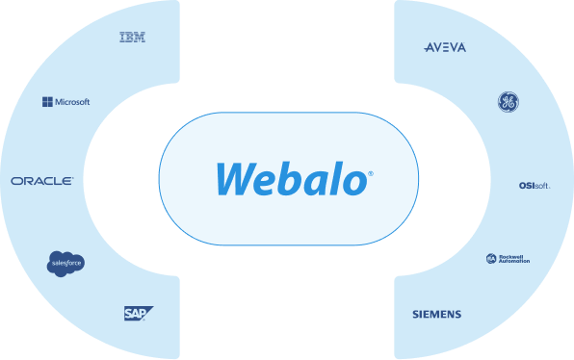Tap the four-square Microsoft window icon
click(x=47, y=101)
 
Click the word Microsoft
click(x=72, y=101)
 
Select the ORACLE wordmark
click(x=41, y=181)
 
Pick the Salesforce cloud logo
click(x=66, y=263)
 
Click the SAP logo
click(x=137, y=313)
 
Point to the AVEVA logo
click(x=445, y=47)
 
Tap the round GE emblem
click(x=508, y=102)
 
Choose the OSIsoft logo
click(x=534, y=186)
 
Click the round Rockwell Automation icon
click(x=491, y=259)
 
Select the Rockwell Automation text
click(x=515, y=259)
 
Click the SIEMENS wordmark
click(x=436, y=315)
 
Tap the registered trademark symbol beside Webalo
click(x=371, y=174)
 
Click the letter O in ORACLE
click(x=15, y=181)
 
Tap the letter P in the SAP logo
click(x=145, y=313)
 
